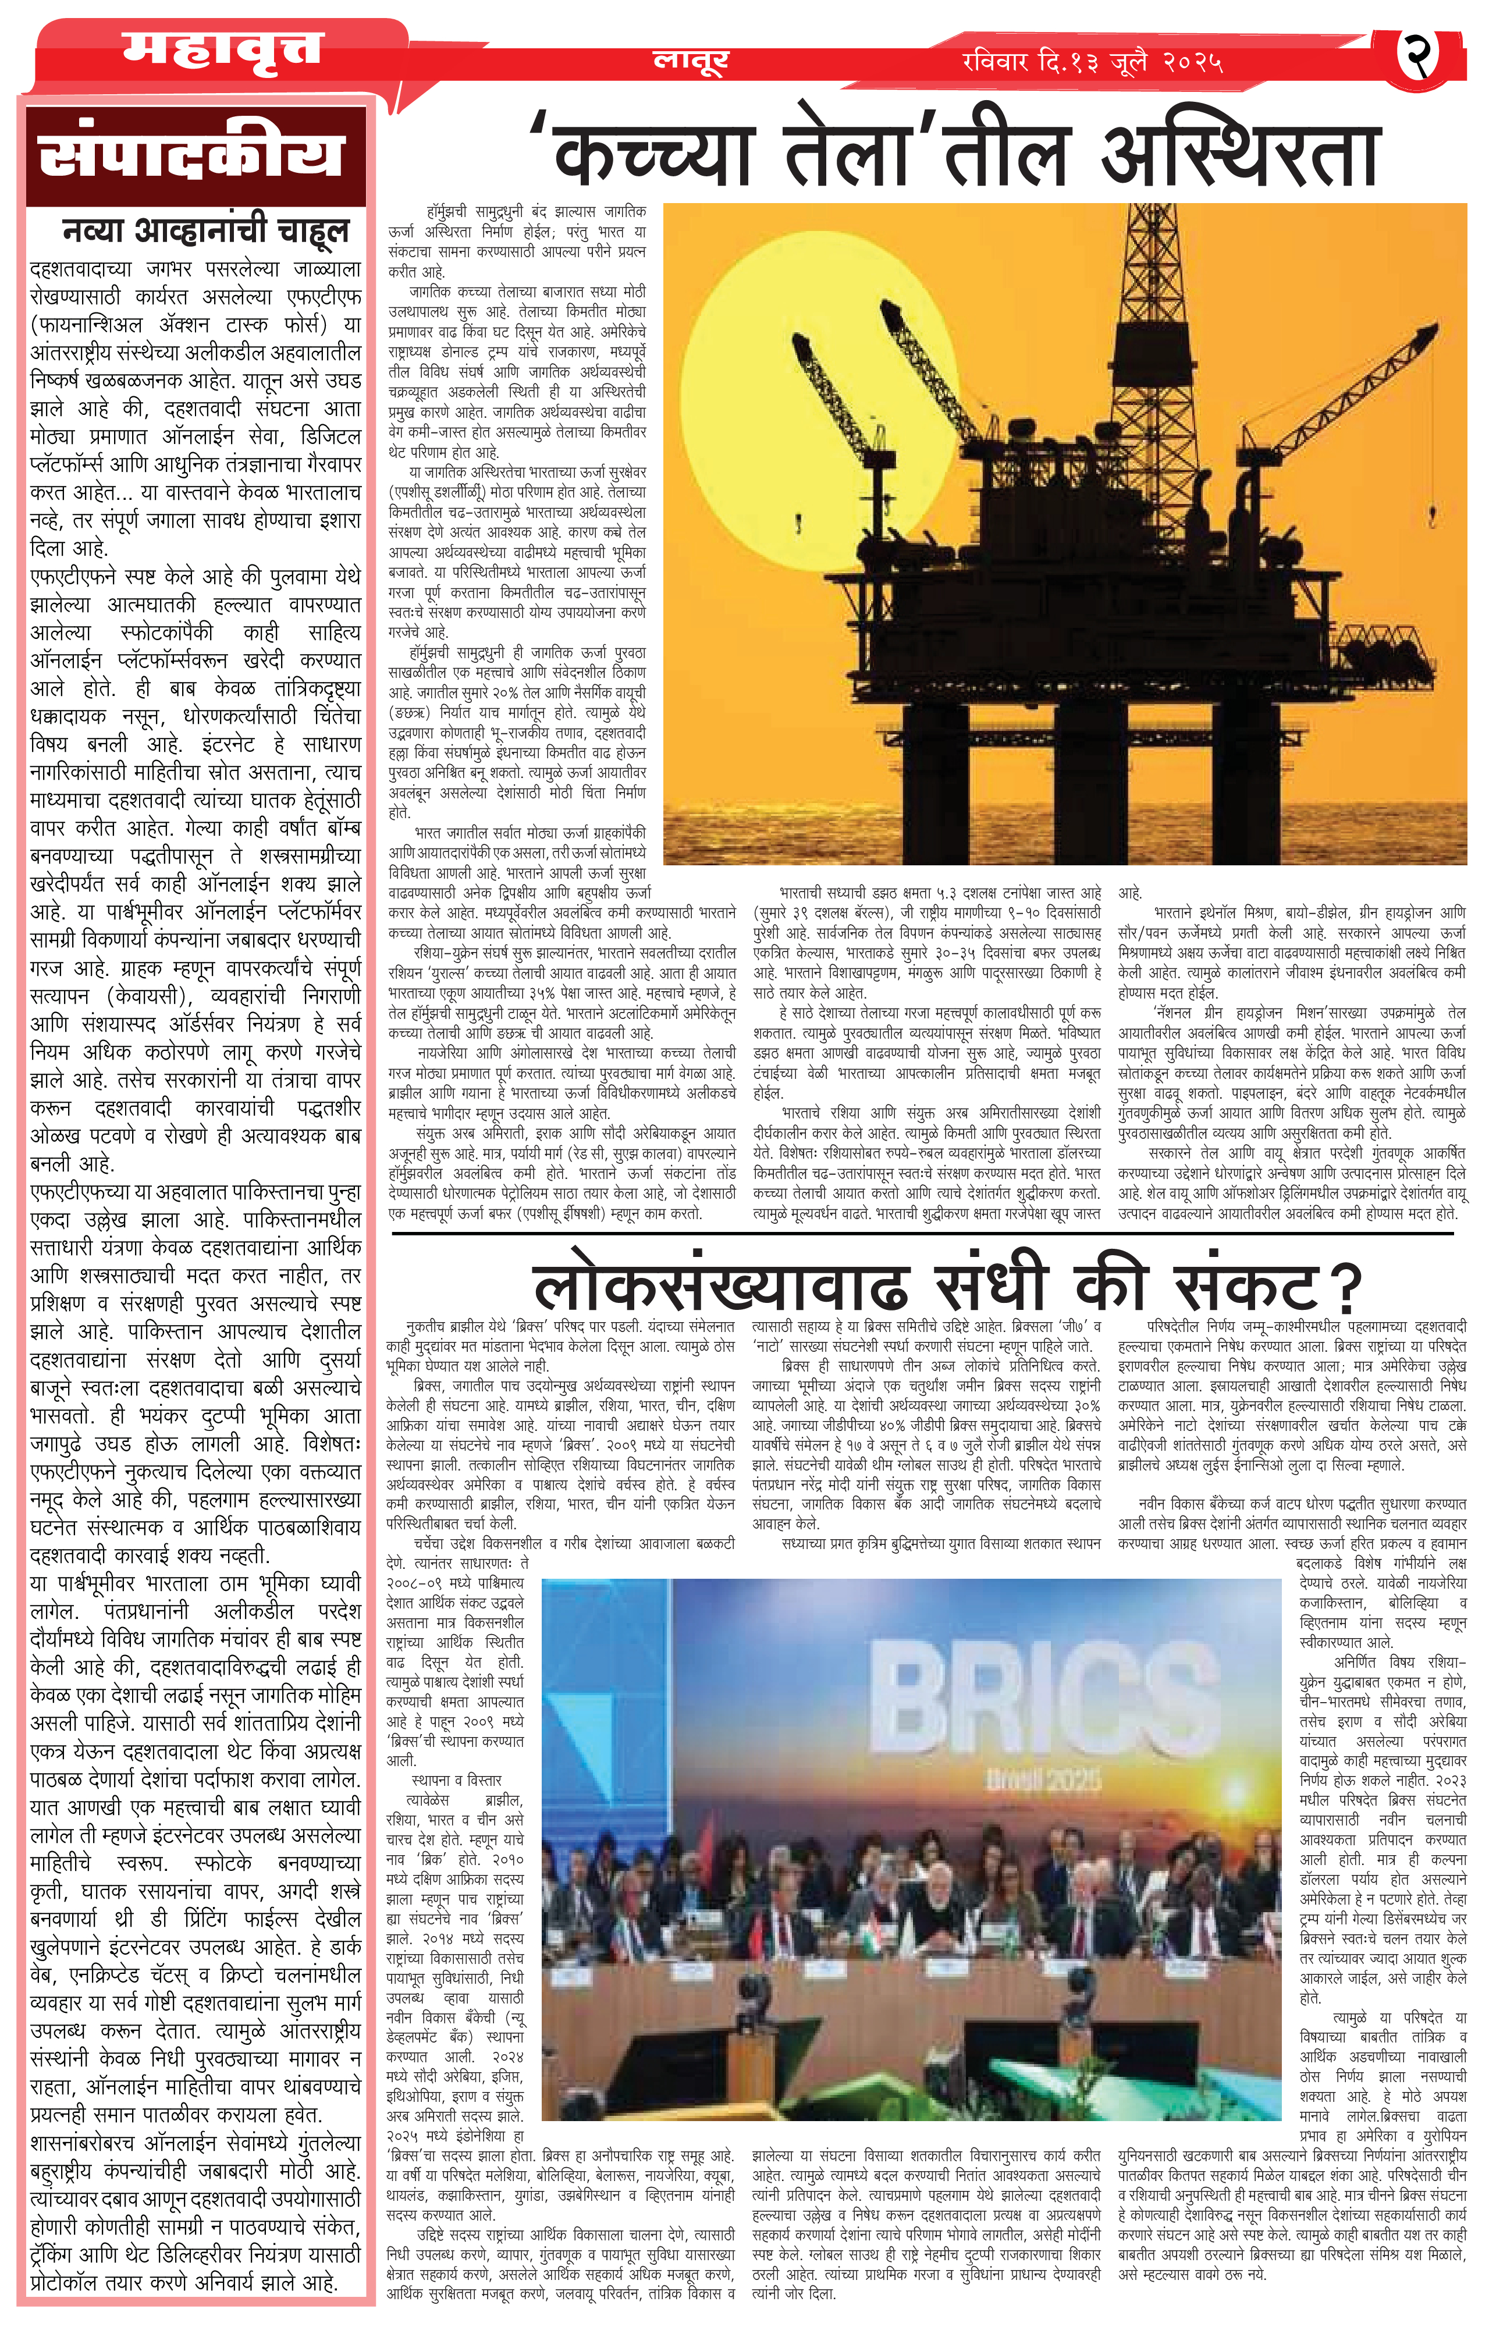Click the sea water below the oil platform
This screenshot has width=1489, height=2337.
click(1068, 834)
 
